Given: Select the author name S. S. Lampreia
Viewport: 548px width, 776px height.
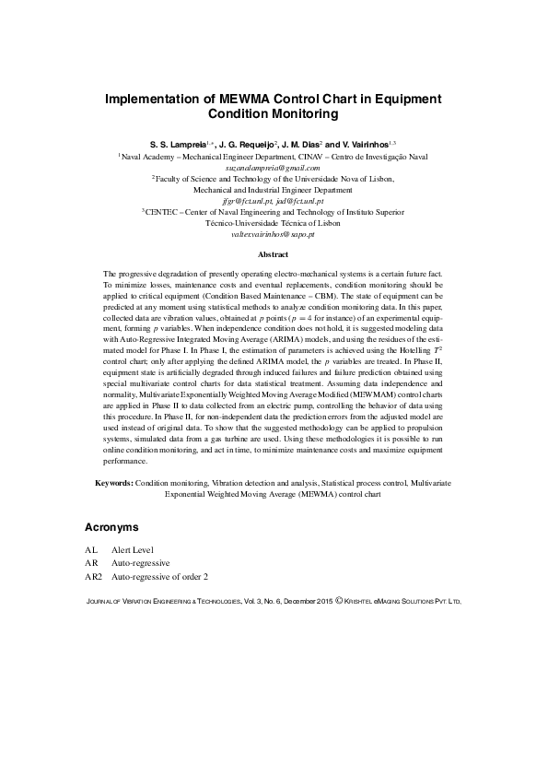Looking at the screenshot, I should coord(178,145).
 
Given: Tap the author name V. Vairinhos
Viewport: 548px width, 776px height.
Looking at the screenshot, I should coord(359,145).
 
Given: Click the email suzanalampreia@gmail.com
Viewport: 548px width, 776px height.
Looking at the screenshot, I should coord(274,168).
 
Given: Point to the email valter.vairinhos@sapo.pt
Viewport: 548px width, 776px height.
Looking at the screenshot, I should coord(274,234).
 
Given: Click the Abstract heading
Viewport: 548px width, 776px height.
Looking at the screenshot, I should coord(274,254).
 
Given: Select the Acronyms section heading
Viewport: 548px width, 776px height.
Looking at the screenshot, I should coord(111,528).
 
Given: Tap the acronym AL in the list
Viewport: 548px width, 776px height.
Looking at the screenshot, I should coord(91,548).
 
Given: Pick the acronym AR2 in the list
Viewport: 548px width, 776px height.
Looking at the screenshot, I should coord(94,576).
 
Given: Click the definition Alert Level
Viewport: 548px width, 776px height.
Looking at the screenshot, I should coord(133,548).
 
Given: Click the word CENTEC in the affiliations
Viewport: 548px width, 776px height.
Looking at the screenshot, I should coord(161,212).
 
